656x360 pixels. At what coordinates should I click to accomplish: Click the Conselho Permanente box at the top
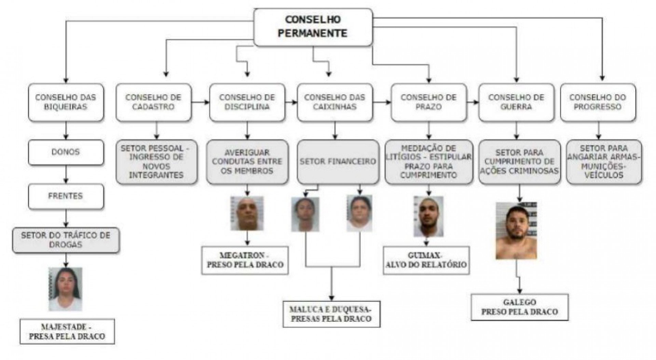point(313,27)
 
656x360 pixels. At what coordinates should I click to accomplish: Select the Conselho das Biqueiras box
point(66,102)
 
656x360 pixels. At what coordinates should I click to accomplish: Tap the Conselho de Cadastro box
point(153,102)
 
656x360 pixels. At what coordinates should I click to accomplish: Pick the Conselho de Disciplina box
point(247,102)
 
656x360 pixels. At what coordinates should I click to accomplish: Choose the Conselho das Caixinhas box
point(334,102)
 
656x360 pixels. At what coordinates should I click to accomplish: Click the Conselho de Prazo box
point(428,102)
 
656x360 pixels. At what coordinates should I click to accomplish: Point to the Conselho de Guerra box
point(516,102)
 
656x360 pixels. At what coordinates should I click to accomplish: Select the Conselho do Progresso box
point(598,102)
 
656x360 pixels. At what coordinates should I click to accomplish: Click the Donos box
point(66,152)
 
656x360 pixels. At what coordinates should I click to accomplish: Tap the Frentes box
point(66,196)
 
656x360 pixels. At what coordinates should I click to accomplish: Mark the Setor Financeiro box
point(338,161)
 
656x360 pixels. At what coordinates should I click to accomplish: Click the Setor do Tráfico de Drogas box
point(66,240)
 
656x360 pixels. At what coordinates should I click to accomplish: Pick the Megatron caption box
point(245,260)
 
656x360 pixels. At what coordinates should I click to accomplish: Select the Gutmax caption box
point(426,260)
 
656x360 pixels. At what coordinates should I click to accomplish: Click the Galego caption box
point(519,307)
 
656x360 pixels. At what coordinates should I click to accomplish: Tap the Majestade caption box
point(67,332)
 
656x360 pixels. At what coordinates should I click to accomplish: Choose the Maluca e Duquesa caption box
point(331,314)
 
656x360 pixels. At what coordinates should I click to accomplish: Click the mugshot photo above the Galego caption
point(516,231)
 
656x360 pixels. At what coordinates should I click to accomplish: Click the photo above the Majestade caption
point(65,289)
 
